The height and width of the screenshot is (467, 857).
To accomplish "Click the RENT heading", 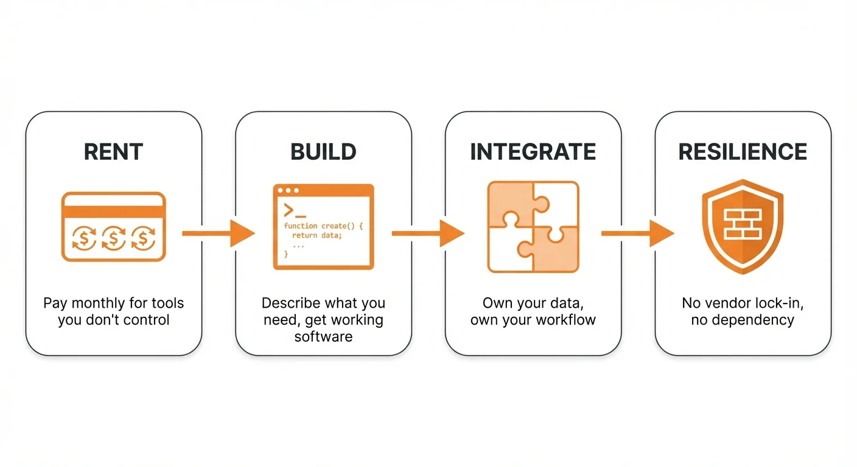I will point(113,152).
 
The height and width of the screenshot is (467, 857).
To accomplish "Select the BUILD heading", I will point(323,152).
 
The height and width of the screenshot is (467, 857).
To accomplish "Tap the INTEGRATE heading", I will point(533,152).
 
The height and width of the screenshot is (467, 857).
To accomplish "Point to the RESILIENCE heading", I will point(743,152).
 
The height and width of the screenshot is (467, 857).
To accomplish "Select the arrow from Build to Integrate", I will point(427,233).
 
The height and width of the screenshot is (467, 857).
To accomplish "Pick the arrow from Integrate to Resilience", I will point(637,233).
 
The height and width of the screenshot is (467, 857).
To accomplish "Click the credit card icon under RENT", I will point(113,227).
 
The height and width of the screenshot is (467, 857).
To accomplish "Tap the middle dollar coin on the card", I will point(113,238).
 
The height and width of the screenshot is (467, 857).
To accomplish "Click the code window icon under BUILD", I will point(323,227).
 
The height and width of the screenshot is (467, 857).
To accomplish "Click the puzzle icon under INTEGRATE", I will point(533,227).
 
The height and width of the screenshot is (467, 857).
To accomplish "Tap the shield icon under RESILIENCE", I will point(743,227).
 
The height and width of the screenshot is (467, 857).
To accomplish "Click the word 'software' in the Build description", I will point(323,336).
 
